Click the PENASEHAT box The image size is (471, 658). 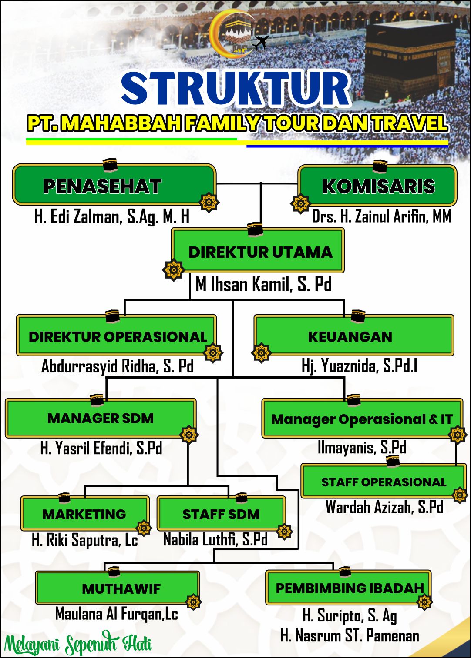(114, 184)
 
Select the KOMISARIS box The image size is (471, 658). (377, 185)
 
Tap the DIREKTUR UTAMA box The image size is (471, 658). (258, 250)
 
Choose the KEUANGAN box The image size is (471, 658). (354, 335)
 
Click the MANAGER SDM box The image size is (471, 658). (101, 418)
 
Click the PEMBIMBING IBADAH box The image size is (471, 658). (348, 588)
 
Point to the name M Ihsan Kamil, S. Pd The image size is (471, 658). (264, 284)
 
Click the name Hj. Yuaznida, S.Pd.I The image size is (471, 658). (359, 366)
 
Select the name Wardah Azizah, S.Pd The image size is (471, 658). (384, 506)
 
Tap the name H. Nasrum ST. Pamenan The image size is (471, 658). (350, 635)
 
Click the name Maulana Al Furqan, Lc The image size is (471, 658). (117, 614)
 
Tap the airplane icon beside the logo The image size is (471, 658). (260, 42)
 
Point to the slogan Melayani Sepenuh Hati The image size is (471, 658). (78, 643)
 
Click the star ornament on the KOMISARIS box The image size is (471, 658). (300, 203)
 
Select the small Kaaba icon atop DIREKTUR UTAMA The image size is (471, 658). (255, 229)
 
